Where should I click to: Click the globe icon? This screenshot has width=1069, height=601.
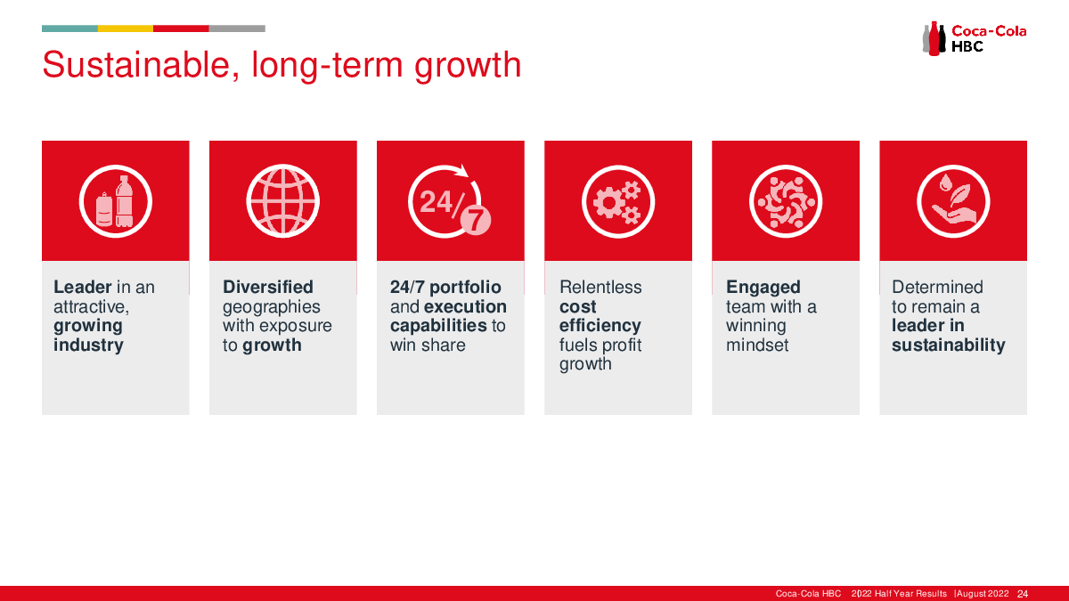283,201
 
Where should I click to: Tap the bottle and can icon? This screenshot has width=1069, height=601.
116,201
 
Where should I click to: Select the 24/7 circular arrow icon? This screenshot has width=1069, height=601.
449,201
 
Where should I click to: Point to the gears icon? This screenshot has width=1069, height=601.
618,201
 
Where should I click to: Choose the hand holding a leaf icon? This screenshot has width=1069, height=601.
953,201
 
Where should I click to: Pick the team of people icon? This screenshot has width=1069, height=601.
786,201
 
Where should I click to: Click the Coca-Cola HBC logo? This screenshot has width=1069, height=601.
974,38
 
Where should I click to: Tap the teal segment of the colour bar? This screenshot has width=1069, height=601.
69,28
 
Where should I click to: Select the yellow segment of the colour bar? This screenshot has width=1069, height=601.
126,28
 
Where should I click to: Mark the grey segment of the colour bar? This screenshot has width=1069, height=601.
237,28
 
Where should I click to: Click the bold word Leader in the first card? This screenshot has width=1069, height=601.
83,287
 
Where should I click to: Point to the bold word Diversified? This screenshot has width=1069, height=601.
268,287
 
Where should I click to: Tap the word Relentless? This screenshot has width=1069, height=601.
600,287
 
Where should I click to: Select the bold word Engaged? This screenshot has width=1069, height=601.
763,287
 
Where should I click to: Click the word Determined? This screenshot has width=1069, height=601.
937,287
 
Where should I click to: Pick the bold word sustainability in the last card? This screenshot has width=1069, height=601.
948,345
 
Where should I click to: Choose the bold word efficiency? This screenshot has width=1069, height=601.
600,326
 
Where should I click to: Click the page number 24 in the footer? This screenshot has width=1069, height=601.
1023,594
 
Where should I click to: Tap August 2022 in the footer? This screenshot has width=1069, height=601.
983,594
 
